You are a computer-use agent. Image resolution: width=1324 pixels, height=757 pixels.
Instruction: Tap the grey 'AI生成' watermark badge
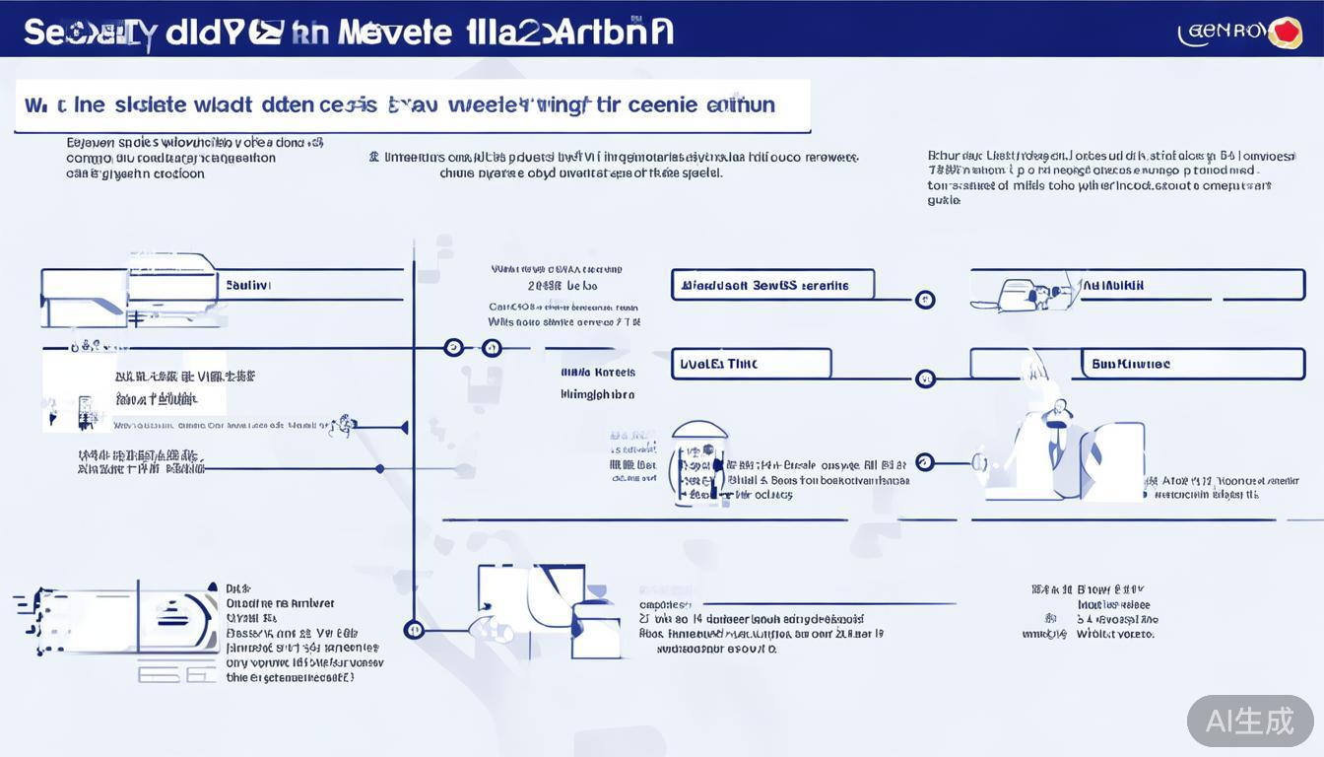[1249, 721]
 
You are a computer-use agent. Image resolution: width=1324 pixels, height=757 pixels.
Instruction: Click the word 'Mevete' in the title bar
[393, 32]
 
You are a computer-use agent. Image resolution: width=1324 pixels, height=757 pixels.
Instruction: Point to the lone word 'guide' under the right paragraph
[943, 200]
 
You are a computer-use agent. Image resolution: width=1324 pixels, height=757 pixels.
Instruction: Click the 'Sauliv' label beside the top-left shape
[248, 285]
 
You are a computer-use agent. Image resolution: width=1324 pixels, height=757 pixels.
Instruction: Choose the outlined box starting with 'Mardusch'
[772, 285]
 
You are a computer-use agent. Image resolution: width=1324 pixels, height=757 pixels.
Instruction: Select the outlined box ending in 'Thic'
[751, 364]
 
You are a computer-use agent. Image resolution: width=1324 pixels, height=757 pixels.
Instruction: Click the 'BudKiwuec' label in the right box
[1130, 364]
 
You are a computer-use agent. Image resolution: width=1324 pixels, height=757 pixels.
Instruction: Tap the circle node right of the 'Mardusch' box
[924, 300]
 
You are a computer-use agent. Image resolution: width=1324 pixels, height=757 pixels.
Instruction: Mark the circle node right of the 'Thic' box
[924, 378]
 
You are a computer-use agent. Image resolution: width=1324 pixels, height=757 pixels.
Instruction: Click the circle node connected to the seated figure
[924, 462]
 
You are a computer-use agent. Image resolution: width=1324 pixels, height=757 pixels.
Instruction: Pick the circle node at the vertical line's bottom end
[414, 629]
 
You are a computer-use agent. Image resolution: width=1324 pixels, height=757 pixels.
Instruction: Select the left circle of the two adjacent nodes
[453, 347]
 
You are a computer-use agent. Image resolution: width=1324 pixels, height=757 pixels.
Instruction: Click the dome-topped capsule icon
[698, 463]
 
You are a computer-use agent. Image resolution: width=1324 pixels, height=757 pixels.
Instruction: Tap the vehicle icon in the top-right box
[1025, 294]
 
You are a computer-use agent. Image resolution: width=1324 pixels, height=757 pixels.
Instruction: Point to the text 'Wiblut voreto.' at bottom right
[1115, 635]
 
